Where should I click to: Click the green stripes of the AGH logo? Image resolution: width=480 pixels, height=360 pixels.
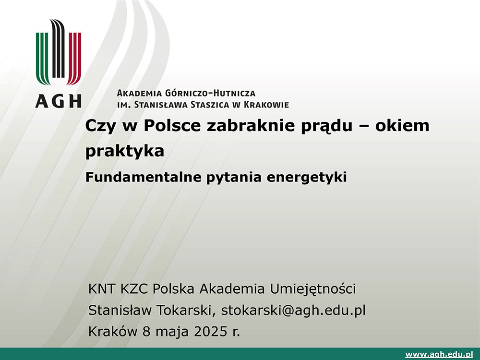(43, 58)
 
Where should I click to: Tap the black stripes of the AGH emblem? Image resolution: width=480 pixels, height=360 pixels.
(58, 48)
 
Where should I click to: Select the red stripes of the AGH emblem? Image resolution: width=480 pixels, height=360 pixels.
(74, 58)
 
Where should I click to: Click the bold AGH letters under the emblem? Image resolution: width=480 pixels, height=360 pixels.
(58, 101)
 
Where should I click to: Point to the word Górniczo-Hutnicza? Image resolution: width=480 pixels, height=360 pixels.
(210, 93)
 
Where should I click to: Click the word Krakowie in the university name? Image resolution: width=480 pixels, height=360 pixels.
(266, 105)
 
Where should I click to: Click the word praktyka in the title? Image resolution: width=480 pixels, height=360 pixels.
(125, 151)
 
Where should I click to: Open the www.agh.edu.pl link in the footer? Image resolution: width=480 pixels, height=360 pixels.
(439, 355)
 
